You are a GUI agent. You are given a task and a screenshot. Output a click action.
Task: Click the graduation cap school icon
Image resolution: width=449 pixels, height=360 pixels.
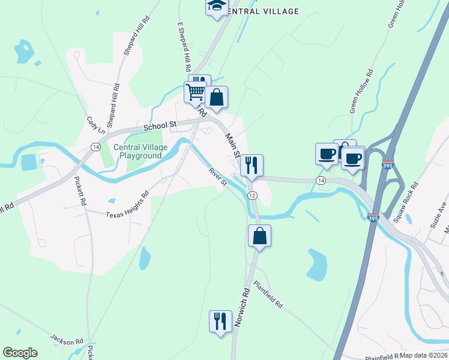point(217,7)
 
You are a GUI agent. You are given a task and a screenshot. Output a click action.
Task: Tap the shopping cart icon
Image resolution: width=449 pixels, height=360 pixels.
point(194,93)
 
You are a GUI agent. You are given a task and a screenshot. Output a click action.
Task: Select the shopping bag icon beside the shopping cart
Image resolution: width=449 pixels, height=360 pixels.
point(216,97)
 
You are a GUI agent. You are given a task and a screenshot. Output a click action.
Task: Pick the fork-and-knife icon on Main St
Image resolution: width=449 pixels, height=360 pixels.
point(252,164)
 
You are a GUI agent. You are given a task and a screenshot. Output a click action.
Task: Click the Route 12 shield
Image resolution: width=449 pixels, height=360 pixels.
point(252,196)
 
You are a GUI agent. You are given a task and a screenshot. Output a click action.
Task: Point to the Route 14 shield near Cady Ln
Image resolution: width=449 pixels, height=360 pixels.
point(95,146)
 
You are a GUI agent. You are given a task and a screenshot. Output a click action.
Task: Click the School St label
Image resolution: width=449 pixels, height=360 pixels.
point(158,125)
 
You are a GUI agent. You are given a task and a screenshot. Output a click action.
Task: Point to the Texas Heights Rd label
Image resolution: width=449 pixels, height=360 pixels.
point(127,205)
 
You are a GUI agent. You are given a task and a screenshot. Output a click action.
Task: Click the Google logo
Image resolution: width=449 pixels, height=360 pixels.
point(20,353)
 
